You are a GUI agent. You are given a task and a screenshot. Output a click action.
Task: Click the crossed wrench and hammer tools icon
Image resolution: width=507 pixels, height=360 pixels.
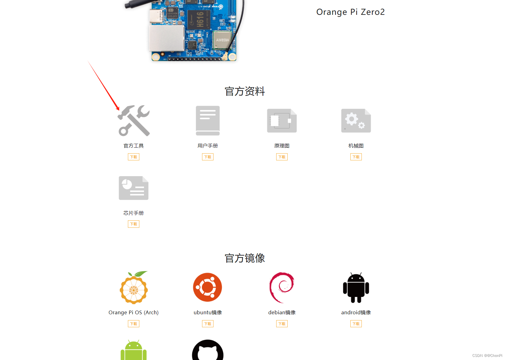tap(134, 121)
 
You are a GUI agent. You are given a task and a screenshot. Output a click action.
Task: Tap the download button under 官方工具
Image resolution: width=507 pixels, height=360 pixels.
tap(133, 157)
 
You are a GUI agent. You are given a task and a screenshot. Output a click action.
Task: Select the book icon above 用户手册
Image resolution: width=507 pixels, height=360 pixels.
tap(208, 121)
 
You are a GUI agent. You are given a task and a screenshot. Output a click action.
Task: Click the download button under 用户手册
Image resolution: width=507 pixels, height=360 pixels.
tap(208, 157)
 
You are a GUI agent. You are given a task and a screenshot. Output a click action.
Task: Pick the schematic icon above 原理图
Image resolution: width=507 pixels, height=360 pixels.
tap(282, 121)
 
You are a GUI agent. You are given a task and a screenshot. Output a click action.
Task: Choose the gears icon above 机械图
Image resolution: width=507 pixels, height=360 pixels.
tap(356, 121)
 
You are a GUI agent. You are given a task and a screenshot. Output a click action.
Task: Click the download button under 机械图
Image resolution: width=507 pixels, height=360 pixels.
tap(356, 157)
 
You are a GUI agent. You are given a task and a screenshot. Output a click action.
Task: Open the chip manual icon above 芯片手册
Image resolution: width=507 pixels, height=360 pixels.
tap(133, 188)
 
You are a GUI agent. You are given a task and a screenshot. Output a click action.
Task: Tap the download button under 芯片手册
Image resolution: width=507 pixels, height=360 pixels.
tap(133, 224)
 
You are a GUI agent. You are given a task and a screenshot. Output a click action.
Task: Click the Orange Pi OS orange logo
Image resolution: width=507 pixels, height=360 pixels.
tap(133, 288)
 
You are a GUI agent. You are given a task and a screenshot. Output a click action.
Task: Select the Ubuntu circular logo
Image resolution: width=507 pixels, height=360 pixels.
tap(208, 287)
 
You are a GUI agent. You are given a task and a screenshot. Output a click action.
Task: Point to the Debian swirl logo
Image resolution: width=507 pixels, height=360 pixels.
tap(282, 287)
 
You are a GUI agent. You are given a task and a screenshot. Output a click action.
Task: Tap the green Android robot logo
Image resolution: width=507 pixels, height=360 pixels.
tap(133, 351)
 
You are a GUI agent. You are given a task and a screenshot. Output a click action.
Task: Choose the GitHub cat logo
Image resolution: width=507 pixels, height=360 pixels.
tap(208, 351)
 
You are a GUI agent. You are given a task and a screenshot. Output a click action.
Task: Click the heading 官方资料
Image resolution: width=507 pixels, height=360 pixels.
tap(245, 91)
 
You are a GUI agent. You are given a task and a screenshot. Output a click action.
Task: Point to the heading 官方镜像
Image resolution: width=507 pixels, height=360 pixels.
tap(245, 258)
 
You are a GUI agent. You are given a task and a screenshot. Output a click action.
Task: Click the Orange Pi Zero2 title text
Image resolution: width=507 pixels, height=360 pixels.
tap(350, 12)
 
